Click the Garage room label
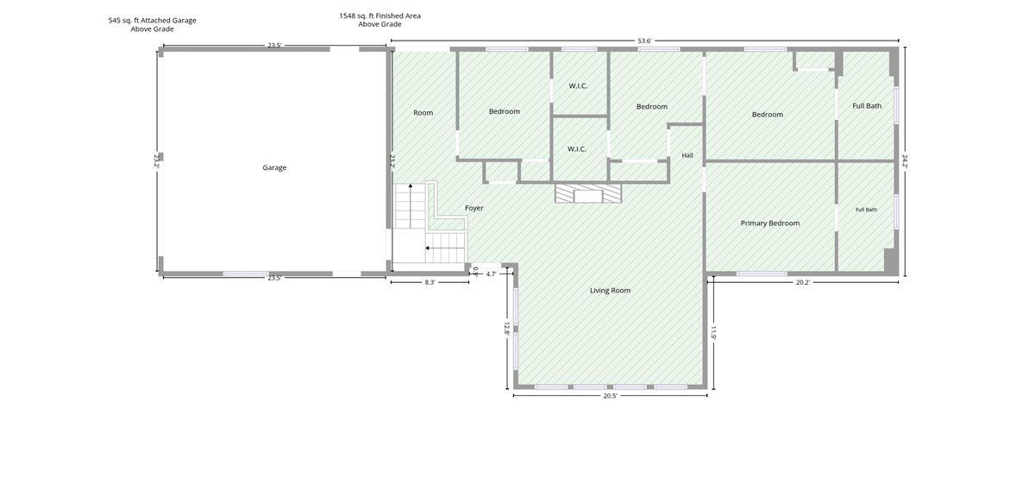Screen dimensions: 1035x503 274,167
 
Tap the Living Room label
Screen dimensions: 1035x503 610,291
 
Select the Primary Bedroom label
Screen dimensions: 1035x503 769,223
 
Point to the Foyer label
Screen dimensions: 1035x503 474,208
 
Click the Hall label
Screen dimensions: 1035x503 687,155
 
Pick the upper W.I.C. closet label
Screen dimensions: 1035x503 578,86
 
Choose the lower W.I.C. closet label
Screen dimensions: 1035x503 577,149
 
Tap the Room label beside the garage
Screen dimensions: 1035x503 423,113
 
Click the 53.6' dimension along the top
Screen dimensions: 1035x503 644,41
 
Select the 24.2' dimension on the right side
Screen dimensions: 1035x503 904,160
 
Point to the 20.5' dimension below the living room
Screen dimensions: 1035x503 610,396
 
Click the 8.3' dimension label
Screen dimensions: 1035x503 430,282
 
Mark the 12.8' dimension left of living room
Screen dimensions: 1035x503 506,329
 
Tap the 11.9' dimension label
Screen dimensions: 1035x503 713,333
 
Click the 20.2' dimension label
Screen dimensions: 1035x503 803,282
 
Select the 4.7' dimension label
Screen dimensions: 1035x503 491,274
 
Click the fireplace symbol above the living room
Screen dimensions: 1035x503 588,193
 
